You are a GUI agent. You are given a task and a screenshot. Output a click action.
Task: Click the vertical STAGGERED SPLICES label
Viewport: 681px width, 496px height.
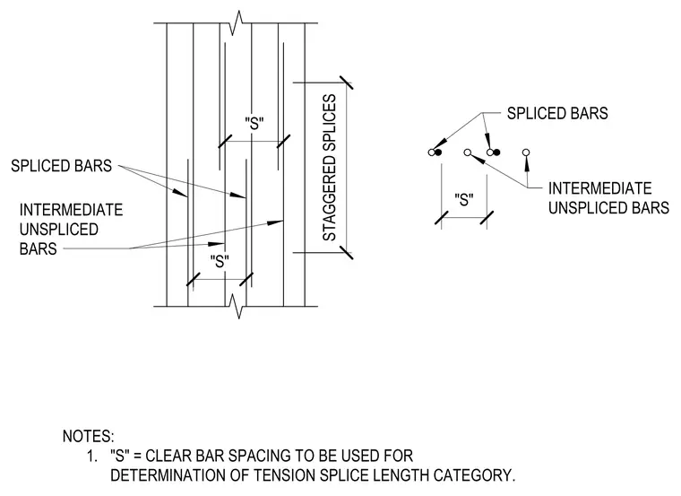click(x=330, y=168)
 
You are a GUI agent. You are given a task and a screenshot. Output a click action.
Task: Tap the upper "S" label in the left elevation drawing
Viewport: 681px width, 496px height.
click(x=254, y=124)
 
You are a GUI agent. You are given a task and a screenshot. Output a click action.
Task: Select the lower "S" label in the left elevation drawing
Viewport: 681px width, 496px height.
click(x=220, y=261)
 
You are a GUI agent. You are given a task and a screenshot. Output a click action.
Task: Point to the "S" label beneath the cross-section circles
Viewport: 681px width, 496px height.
click(x=464, y=200)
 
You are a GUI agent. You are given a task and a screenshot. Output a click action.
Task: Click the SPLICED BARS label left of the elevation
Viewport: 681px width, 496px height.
click(x=61, y=166)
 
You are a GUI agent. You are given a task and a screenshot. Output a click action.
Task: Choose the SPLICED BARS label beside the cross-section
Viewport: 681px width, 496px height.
click(x=557, y=113)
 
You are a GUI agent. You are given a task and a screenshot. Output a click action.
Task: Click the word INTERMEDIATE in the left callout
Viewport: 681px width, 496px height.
click(x=71, y=210)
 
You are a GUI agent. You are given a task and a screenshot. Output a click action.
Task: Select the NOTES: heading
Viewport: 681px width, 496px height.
click(x=88, y=437)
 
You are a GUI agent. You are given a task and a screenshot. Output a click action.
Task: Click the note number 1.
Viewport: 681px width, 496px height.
click(x=91, y=456)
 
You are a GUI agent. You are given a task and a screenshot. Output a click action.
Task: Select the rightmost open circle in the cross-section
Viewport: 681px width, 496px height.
click(x=526, y=152)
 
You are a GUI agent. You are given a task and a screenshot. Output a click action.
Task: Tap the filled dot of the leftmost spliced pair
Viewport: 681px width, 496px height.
click(x=438, y=152)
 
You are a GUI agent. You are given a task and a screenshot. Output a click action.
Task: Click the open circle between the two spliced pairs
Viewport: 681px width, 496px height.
click(x=468, y=152)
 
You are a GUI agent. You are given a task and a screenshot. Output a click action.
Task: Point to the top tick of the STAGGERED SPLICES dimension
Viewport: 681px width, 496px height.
click(x=346, y=83)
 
